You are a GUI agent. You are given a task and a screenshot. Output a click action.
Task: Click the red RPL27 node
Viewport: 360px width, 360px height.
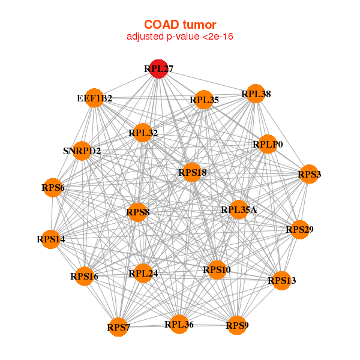[158, 69]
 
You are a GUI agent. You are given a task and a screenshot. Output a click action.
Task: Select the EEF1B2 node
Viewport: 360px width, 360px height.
[95, 98]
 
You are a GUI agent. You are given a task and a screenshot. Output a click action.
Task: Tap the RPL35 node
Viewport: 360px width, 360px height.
[204, 100]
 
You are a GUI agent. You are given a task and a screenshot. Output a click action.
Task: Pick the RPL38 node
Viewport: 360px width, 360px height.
[256, 94]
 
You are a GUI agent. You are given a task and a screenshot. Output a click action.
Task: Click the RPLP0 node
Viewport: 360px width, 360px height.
[268, 144]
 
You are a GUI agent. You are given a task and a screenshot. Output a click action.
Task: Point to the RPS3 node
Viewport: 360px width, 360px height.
[309, 174]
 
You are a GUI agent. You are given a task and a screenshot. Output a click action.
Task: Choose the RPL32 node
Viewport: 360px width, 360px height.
[143, 133]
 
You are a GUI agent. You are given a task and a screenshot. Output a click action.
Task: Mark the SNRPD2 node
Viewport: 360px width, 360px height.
[82, 151]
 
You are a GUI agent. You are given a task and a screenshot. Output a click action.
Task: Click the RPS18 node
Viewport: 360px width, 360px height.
[193, 173]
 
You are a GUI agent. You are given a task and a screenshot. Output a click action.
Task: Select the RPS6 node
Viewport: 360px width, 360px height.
[53, 188]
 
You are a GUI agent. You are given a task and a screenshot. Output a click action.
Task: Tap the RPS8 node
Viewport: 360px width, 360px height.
[137, 212]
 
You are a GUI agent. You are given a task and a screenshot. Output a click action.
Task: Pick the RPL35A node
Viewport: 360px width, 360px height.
[239, 209]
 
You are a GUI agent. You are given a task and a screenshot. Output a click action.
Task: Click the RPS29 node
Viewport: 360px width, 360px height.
[299, 229]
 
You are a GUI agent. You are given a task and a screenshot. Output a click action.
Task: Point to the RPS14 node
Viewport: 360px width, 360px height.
[51, 239]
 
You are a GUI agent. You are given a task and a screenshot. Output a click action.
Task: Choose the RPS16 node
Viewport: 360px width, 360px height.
[84, 276]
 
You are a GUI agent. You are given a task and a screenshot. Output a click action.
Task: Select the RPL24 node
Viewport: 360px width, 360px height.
[143, 274]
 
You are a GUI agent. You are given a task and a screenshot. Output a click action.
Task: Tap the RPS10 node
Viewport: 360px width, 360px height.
[216, 270]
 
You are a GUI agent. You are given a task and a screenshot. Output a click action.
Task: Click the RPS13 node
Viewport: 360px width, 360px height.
[282, 280]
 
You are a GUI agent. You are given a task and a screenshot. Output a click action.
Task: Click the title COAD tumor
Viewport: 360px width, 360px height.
[180, 24]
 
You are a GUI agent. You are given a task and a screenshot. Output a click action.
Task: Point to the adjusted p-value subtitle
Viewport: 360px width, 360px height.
[180, 37]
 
